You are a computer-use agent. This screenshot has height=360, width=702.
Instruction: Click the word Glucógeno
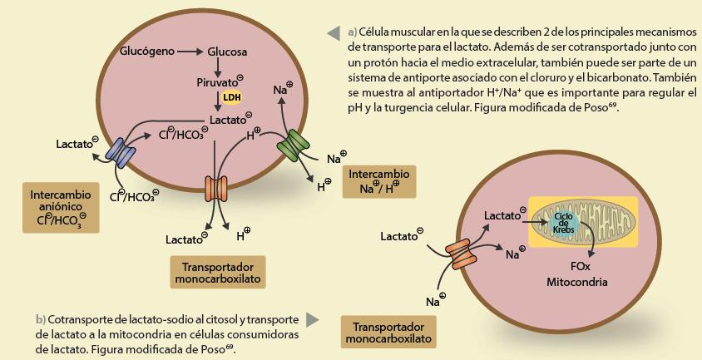click(x=147, y=52)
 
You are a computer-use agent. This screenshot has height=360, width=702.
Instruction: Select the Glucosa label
click(x=227, y=52)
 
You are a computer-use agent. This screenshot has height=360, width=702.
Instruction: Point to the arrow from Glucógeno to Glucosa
click(x=190, y=52)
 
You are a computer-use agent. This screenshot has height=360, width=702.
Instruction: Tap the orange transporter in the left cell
click(x=215, y=188)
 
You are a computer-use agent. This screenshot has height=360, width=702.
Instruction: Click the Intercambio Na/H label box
click(x=379, y=181)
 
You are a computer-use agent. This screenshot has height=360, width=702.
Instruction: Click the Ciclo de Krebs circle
click(x=564, y=223)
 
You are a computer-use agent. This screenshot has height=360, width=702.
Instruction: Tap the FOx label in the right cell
click(x=581, y=266)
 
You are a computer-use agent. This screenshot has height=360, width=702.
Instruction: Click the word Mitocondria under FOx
click(x=577, y=283)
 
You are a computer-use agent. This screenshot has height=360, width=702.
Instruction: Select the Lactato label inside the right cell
click(x=504, y=216)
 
